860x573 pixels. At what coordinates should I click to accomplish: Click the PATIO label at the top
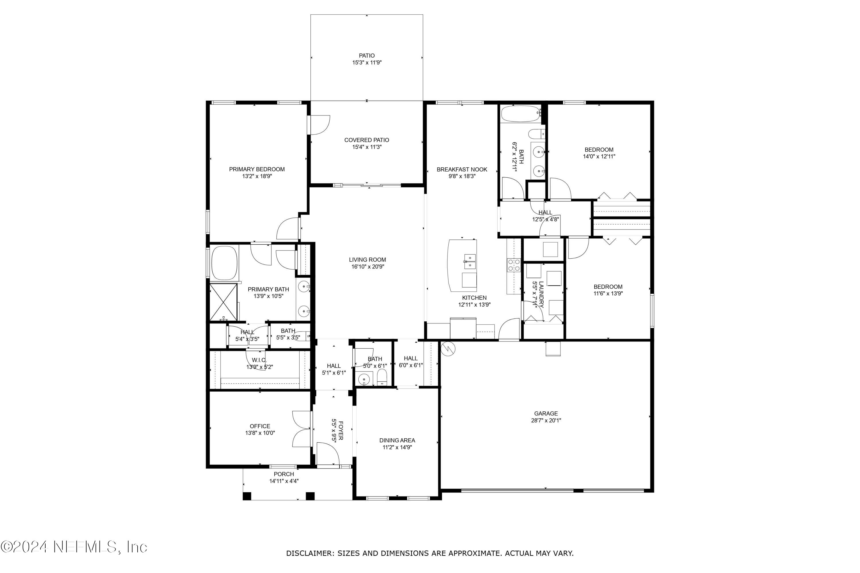(x=366, y=56)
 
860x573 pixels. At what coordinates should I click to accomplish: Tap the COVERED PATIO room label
(x=366, y=140)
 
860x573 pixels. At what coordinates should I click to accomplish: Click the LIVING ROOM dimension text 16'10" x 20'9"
(x=368, y=267)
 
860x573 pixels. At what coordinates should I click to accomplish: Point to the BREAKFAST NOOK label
(x=462, y=170)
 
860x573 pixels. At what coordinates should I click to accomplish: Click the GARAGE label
(x=546, y=413)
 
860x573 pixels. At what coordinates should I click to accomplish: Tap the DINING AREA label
(x=397, y=440)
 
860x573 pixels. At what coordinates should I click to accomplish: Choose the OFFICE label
(x=260, y=426)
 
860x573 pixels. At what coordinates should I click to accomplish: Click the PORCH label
(x=284, y=474)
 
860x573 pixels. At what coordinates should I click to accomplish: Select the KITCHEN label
(x=474, y=298)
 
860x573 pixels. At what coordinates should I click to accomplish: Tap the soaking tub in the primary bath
(x=224, y=263)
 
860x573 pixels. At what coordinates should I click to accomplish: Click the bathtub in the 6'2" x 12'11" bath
(x=521, y=114)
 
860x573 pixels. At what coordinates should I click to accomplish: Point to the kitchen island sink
(x=470, y=259)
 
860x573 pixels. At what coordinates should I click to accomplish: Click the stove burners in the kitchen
(x=513, y=265)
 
